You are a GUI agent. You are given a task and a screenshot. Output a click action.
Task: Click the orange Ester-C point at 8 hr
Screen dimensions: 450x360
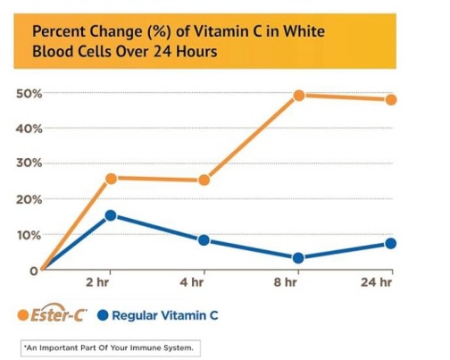pos(299,96)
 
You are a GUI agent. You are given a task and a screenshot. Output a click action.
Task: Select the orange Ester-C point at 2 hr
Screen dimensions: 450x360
pos(111,179)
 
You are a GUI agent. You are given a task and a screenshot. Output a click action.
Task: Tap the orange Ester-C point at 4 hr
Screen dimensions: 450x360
pos(204,180)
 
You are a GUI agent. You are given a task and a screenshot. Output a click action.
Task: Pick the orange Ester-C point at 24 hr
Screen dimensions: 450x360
pos(391,100)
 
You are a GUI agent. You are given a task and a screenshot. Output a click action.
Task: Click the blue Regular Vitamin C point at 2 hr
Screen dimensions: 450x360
pos(111,215)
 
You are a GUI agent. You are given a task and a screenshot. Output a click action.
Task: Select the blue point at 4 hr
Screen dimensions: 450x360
pos(204,240)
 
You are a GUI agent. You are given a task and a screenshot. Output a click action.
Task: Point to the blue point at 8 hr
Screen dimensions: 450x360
pos(298,258)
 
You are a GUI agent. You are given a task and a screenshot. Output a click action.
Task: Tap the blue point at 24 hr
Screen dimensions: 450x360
pos(391,244)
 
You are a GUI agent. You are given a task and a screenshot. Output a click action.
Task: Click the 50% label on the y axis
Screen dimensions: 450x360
pos(29,94)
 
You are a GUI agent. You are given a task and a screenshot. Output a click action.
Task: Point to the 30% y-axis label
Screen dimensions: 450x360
pos(29,163)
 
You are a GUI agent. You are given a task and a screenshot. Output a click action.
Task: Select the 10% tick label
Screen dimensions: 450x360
pos(29,235)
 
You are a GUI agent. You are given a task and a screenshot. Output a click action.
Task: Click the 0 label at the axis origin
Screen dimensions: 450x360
pos(34,271)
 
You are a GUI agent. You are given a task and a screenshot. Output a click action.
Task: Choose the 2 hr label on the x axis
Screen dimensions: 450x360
pos(97,281)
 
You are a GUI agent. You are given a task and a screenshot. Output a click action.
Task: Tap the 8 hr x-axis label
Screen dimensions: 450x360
pos(285,281)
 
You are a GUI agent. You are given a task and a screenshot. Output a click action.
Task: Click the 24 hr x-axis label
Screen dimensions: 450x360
pos(376,281)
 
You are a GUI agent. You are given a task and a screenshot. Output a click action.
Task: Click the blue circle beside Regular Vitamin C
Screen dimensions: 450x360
pos(103,315)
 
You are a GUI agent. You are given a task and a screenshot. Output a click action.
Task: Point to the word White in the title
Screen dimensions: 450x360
pos(304,31)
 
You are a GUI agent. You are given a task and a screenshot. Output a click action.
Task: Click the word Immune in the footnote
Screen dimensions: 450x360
pos(144,347)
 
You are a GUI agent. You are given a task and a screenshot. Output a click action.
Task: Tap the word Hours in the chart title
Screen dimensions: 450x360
pos(196,52)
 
